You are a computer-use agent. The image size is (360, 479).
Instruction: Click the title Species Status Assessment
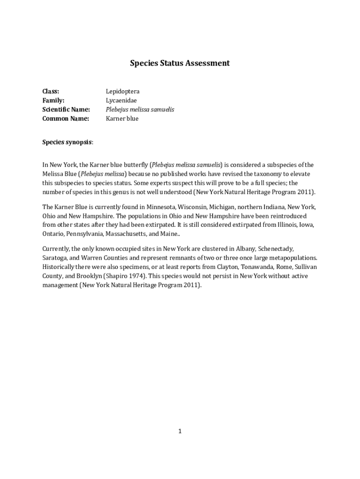pos(180,63)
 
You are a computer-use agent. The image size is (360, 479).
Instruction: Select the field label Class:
pos(51,91)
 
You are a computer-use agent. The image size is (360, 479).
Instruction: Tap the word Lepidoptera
pos(122,91)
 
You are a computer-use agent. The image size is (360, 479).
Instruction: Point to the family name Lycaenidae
pos(121,100)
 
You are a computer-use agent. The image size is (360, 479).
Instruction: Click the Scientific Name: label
pos(66,109)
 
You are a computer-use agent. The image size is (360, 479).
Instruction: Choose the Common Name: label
pos(65,118)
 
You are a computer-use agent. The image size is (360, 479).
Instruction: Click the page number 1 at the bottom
pos(180,431)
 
